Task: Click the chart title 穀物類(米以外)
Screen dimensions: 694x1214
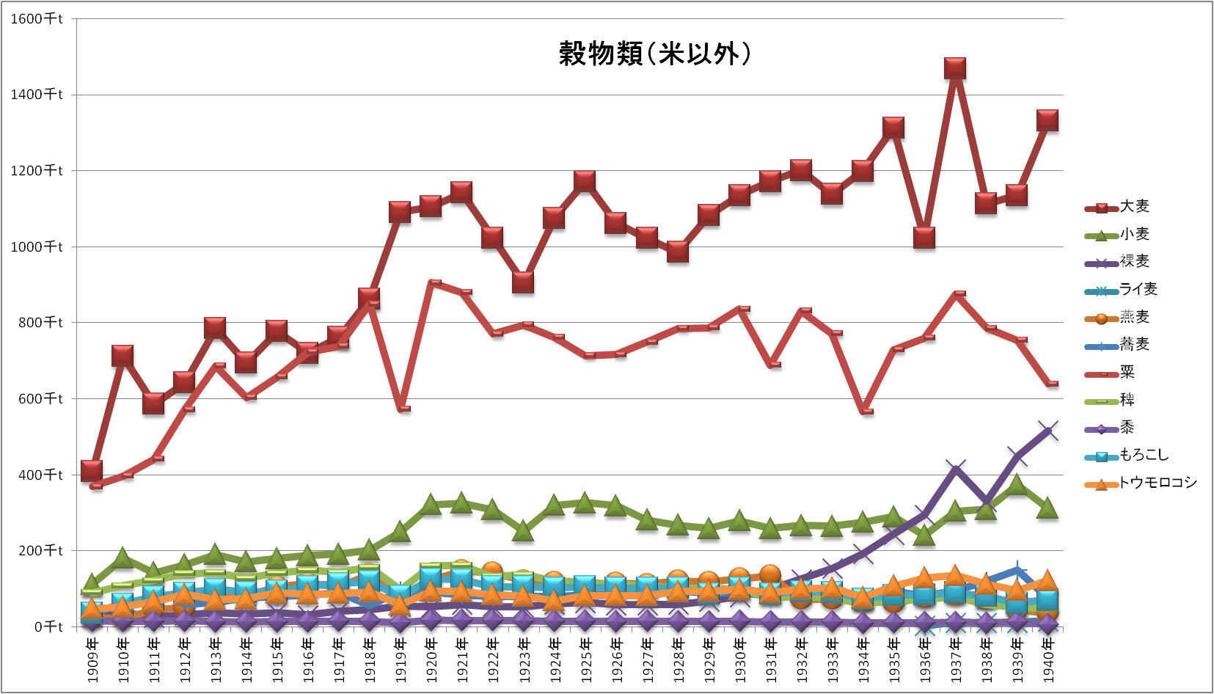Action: pos(654,54)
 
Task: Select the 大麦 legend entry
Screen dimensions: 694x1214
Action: pos(1134,207)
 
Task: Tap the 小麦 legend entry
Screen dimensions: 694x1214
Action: pos(1134,234)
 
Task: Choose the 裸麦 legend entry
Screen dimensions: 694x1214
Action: pos(1134,261)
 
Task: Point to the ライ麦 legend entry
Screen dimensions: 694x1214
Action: pos(1138,289)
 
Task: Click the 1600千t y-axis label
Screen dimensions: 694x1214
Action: pos(36,19)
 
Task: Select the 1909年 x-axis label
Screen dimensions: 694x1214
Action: pos(92,660)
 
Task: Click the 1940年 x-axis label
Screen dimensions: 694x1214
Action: pos(1048,660)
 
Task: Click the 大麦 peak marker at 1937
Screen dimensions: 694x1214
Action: pos(954,68)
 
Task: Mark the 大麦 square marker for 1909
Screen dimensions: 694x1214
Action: pos(92,470)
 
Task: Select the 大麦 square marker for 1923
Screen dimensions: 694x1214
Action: pos(523,282)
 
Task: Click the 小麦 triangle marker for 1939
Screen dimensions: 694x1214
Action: pos(1017,485)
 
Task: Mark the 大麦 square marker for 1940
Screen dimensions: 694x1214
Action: pos(1047,120)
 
